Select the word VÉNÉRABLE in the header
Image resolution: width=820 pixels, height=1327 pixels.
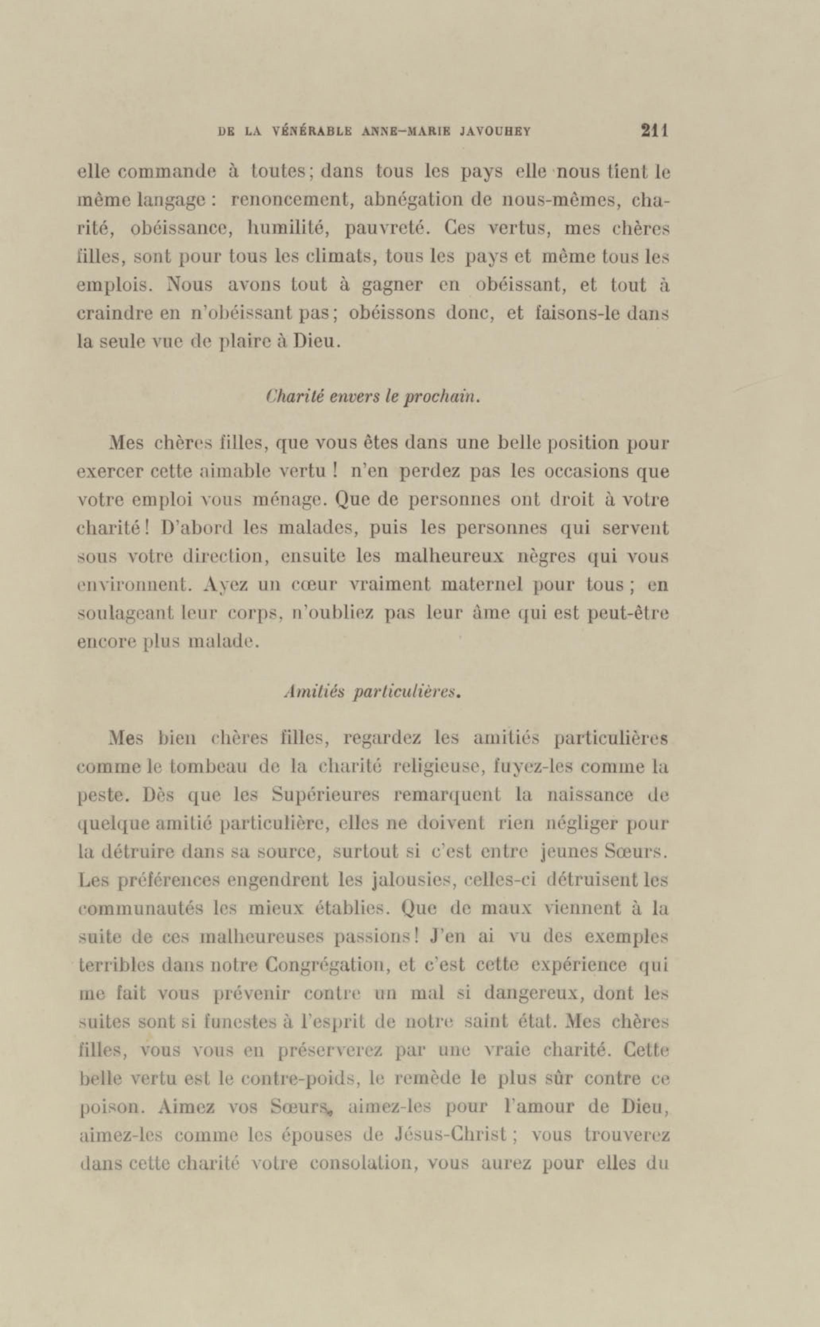pyautogui.click(x=310, y=132)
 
